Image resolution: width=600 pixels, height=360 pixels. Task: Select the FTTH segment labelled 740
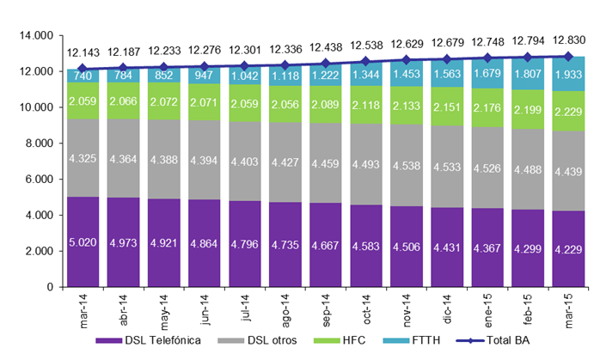(x=83, y=76)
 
